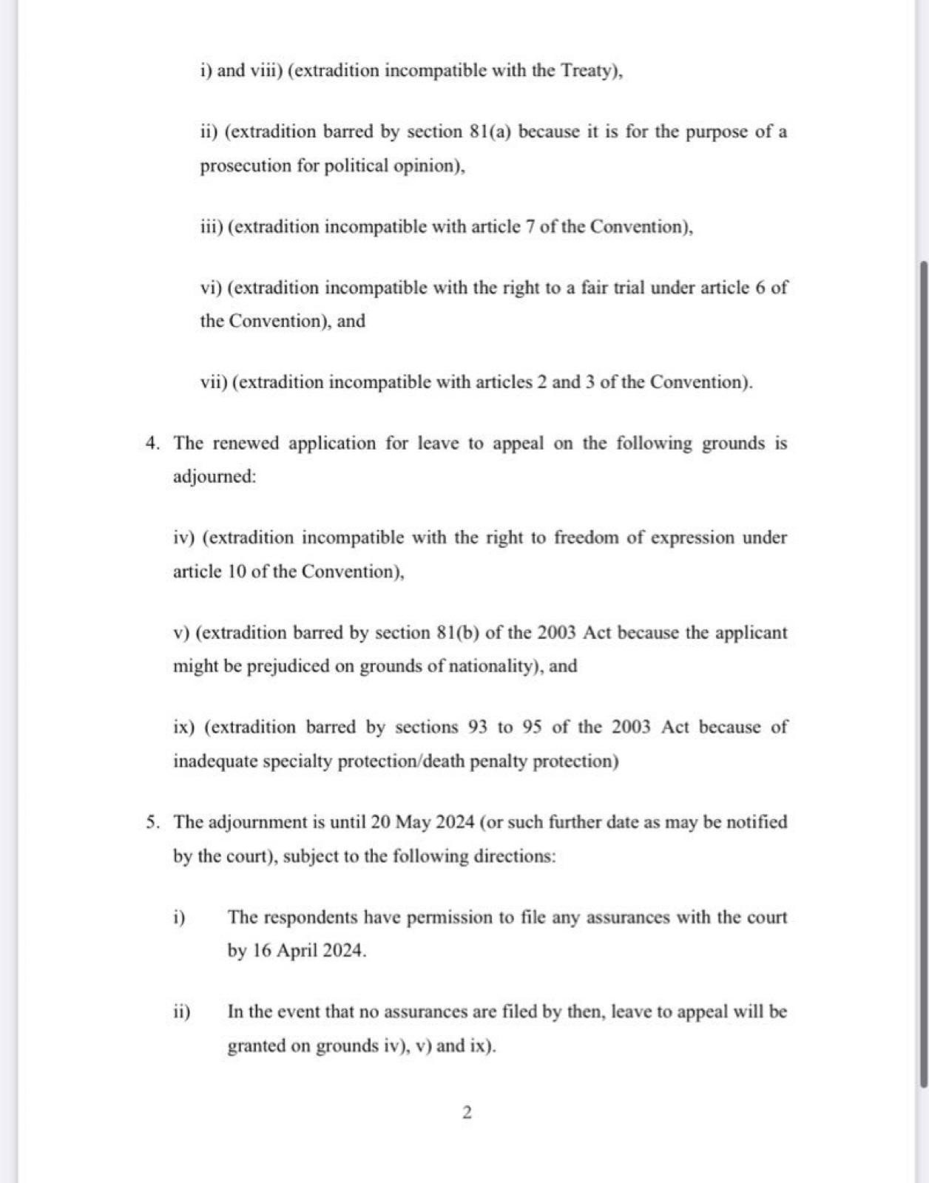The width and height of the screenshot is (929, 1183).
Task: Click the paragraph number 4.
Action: pos(152,444)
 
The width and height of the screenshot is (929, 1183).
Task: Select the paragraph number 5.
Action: pos(152,822)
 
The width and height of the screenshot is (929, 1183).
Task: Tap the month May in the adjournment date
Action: pos(412,822)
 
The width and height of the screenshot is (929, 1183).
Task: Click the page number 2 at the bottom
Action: pos(467,1113)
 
